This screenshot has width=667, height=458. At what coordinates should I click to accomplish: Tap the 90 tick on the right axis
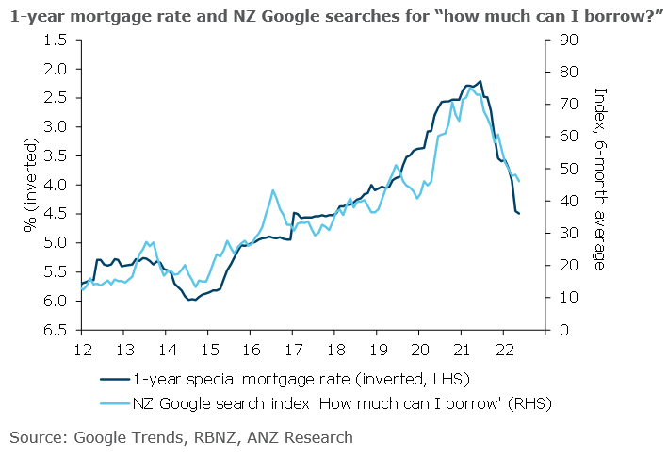[x=562, y=40]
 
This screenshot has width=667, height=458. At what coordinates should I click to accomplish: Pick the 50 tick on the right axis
[x=562, y=169]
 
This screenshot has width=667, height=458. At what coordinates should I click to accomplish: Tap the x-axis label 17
[x=292, y=348]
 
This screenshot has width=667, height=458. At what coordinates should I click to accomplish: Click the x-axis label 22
[x=502, y=348]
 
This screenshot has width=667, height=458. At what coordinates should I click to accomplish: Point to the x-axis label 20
[x=418, y=348]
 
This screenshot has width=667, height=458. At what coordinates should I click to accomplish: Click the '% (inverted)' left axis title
[x=30, y=186]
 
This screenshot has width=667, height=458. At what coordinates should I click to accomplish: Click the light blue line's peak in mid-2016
[x=273, y=190]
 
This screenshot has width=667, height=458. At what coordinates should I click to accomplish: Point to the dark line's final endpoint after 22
[x=519, y=214]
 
